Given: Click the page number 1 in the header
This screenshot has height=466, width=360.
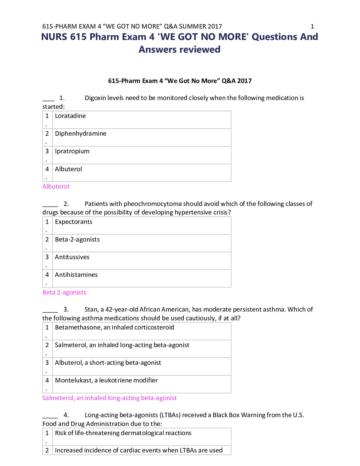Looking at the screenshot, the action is pos(312,26).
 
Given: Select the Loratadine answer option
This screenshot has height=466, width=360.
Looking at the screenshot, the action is pos(70,116).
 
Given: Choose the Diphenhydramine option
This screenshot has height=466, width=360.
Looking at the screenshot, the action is pos(81,134).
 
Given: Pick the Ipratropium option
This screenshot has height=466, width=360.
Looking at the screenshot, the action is pos(72,152).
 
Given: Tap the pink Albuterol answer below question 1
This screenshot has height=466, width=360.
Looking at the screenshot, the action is pos(56,186).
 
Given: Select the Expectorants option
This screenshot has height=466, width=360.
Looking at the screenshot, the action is pos(74,222).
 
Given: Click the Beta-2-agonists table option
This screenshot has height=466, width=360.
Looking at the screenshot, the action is pos(77,239).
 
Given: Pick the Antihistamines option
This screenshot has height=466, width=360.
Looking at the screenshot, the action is pos(76,275).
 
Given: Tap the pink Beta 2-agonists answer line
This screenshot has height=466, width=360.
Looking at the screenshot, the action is pos(64,292).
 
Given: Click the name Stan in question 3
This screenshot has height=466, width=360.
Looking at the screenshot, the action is pos(91,309).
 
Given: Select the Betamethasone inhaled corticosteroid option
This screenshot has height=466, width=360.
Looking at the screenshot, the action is pos(114,327).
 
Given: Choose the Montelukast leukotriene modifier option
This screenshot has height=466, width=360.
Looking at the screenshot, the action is pos(106,380).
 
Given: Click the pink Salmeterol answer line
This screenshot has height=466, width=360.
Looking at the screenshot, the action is pos(109,398).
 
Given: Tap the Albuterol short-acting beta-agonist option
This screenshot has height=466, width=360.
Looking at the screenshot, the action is pos(108,363).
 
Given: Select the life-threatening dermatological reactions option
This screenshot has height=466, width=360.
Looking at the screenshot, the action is pos(123,433).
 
